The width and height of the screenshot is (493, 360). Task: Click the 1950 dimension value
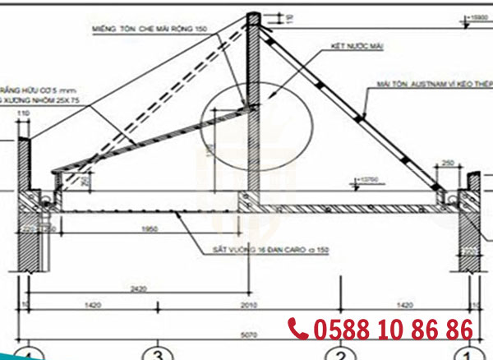(x=149, y=228)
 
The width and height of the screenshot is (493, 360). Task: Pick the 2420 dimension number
(x=138, y=289)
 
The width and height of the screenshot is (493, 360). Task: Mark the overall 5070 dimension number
(x=248, y=335)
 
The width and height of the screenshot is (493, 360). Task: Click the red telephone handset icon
(x=298, y=329)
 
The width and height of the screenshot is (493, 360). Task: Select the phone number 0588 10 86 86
(x=393, y=330)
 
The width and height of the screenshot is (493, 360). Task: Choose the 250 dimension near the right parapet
(x=449, y=164)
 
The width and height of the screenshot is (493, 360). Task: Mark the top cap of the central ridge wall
(x=254, y=16)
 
